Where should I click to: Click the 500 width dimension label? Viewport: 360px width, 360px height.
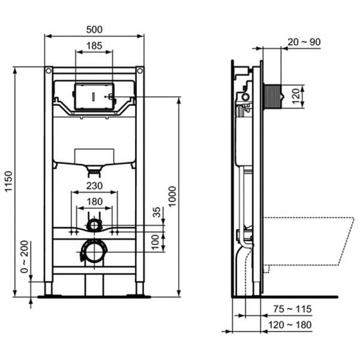[94, 28]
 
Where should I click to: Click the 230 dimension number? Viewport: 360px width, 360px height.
[94, 185]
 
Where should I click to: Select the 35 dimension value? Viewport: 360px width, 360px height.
[157, 211]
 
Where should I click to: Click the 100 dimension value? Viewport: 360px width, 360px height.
[157, 241]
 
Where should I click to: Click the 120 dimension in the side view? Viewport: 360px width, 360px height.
[295, 95]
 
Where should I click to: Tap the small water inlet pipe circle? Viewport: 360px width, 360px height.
[94, 226]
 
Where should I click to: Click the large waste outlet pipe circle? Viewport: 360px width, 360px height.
[94, 251]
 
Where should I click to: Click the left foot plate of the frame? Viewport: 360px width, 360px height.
[48, 295]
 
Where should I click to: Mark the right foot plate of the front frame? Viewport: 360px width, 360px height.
[139, 295]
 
